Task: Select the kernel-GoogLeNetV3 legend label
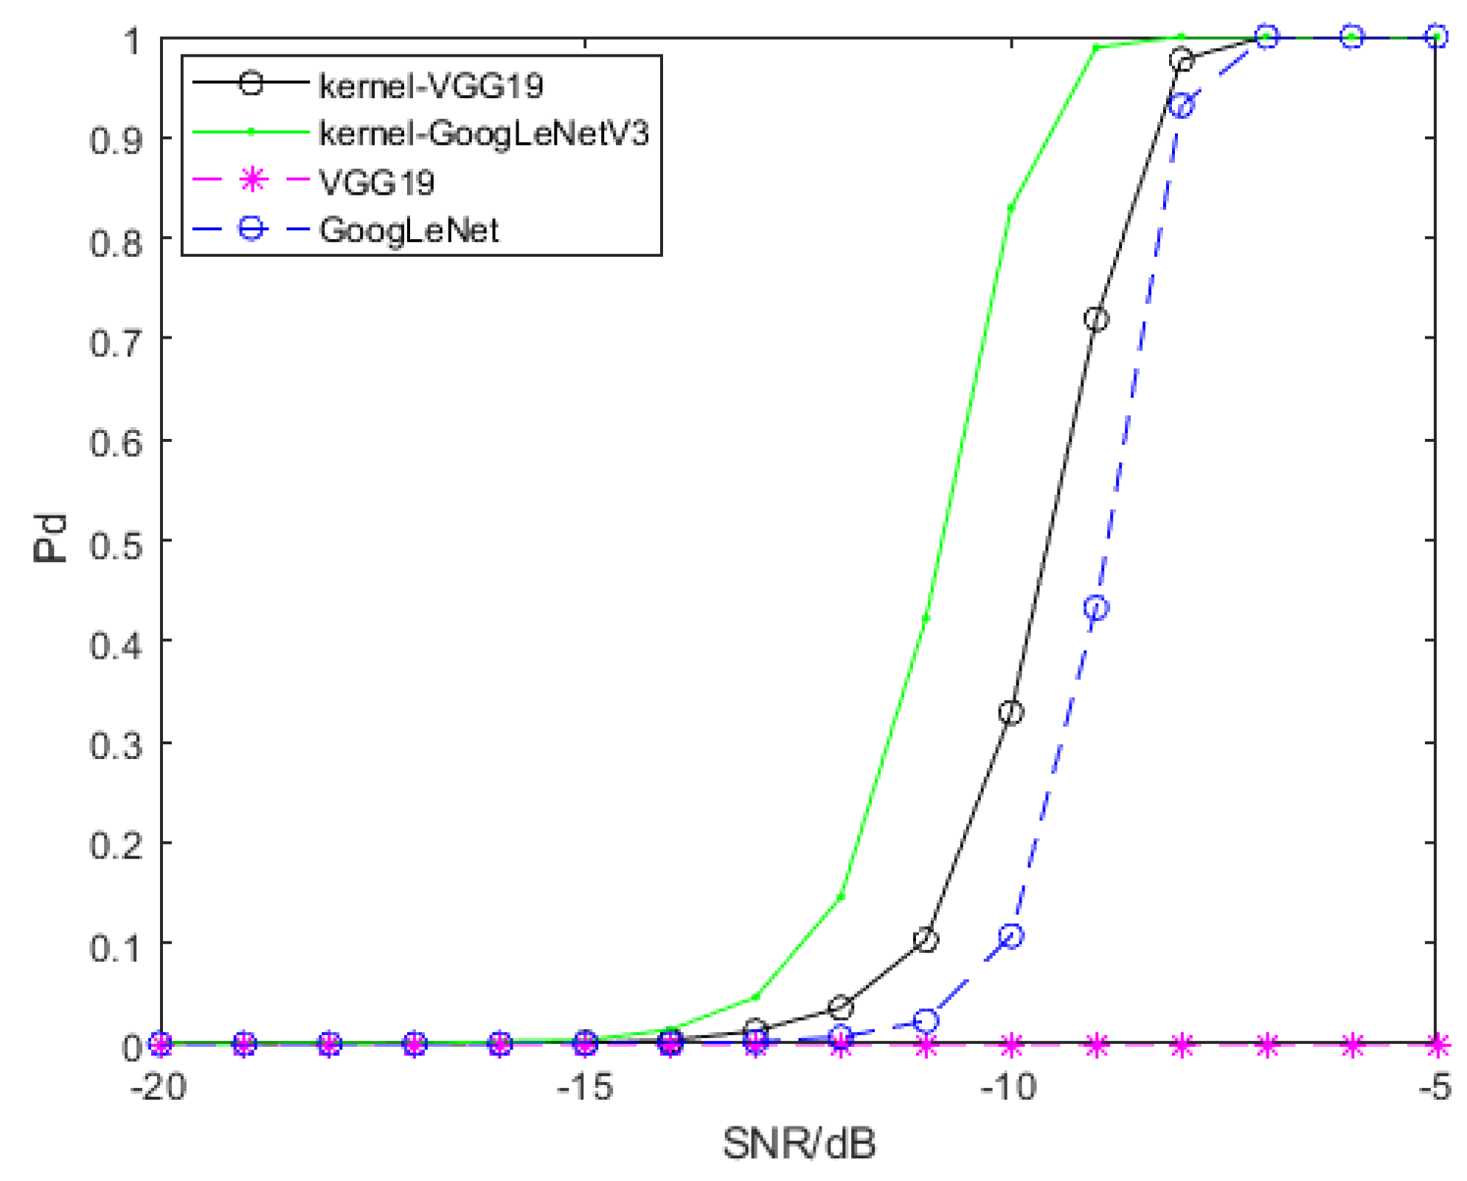coord(483,134)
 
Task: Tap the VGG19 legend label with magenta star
coord(376,182)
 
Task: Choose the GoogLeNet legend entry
coord(409,230)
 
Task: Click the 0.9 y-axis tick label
coord(117,139)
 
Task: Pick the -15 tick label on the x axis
coord(585,1087)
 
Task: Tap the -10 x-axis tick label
coord(1008,1087)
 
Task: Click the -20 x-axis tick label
coord(159,1087)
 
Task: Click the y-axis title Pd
coord(50,539)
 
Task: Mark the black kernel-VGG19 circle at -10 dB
coord(1011,713)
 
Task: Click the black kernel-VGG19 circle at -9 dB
coord(1096,319)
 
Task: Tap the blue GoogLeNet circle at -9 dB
coord(1097,609)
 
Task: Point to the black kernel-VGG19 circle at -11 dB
coord(926,941)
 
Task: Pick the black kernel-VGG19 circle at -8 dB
coord(1182,60)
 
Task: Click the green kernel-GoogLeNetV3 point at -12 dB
coord(841,897)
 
